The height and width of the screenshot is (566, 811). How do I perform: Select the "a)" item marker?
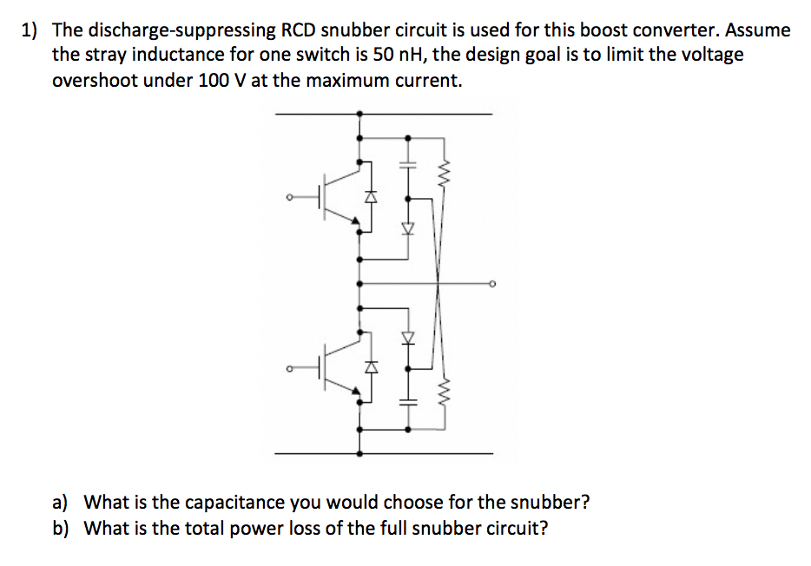point(61,502)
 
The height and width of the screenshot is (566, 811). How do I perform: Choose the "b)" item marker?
point(61,529)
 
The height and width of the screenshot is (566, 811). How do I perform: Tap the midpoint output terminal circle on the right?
point(492,283)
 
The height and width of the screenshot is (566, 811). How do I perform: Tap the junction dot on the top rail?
point(359,114)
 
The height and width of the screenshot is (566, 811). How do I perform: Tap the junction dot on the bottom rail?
point(359,453)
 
